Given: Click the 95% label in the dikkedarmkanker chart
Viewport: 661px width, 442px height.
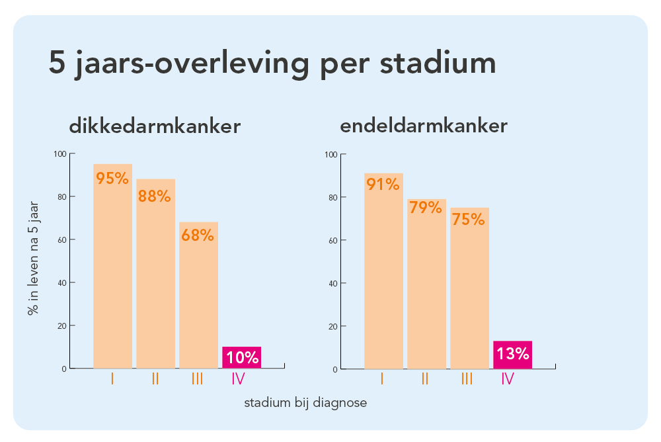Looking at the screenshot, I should click(112, 179).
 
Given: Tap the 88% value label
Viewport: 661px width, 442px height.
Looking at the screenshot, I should click(155, 196).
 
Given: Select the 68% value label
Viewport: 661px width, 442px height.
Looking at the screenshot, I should click(198, 235).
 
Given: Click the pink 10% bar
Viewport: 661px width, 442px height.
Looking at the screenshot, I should click(242, 357).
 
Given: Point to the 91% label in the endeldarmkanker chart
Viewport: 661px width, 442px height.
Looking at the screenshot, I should click(383, 185).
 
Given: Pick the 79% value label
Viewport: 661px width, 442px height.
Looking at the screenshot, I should click(426, 208).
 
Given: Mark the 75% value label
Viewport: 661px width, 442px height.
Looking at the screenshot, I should click(469, 219).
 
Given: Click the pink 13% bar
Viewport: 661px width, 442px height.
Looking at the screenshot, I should click(512, 354).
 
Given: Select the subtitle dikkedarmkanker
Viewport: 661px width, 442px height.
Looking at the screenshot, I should click(155, 126).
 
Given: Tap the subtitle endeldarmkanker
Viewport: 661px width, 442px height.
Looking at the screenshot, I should click(424, 126).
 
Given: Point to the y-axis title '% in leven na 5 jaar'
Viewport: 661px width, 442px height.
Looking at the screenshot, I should click(32, 258).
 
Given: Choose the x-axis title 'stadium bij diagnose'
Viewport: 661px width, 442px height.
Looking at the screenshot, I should click(305, 402).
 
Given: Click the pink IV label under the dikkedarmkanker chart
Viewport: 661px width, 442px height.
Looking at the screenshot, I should click(239, 379).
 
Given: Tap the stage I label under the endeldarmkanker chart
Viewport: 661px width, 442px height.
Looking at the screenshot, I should click(382, 379).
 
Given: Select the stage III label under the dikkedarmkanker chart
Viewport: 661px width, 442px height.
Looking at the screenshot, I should click(197, 379).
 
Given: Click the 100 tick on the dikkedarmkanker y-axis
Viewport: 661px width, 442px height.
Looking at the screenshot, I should click(60, 154).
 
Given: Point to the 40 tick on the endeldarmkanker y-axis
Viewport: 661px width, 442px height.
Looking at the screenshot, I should click(333, 283).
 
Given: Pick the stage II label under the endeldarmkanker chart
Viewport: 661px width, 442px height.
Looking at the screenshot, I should click(425, 379).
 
